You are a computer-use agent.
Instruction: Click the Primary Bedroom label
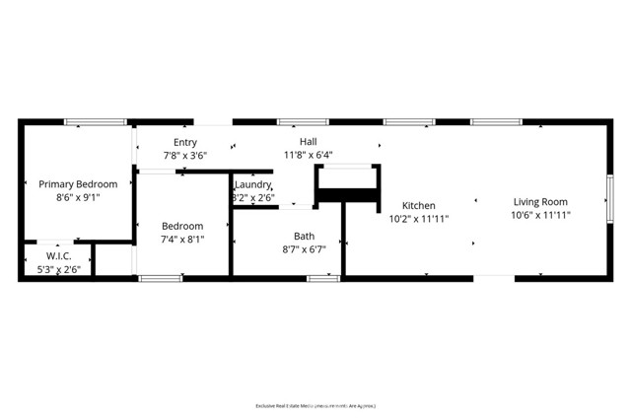click(x=78, y=184)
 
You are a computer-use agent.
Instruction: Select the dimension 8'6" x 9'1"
click(x=78, y=197)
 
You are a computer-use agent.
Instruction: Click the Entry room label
click(x=185, y=142)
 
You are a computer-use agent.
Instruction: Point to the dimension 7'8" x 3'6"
click(x=185, y=155)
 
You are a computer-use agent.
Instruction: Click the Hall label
click(x=309, y=142)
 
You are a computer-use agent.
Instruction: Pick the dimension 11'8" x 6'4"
click(x=309, y=155)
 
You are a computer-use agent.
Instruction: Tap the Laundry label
click(x=252, y=184)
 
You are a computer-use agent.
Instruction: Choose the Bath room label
click(x=305, y=236)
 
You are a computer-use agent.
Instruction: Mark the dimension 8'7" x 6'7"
click(x=305, y=248)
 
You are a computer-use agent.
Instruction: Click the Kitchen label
click(x=418, y=206)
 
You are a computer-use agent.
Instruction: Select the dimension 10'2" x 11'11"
click(x=418, y=219)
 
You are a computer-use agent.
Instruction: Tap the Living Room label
click(x=540, y=202)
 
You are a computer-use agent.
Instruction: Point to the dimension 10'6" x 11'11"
click(x=540, y=215)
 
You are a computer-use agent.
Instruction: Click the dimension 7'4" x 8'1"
click(x=182, y=239)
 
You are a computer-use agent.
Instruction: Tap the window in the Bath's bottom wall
click(x=323, y=279)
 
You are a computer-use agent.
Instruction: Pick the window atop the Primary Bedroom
click(x=96, y=122)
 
